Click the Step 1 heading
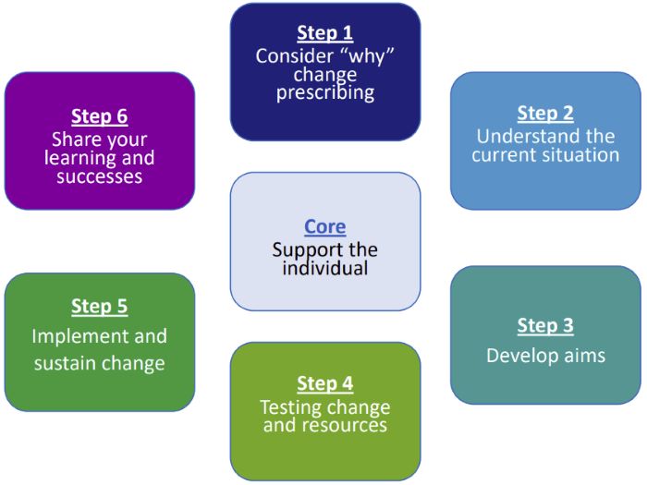(x=324, y=34)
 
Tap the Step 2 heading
(x=545, y=114)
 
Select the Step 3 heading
(x=545, y=326)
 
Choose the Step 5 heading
(x=100, y=307)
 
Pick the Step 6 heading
(x=100, y=117)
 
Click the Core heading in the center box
(x=324, y=227)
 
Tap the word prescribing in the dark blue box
(x=324, y=92)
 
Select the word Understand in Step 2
(x=517, y=137)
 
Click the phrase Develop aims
(x=545, y=355)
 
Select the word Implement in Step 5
(x=77, y=336)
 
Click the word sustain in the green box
(x=67, y=363)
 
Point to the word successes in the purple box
(x=100, y=176)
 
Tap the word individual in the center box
(x=324, y=268)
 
